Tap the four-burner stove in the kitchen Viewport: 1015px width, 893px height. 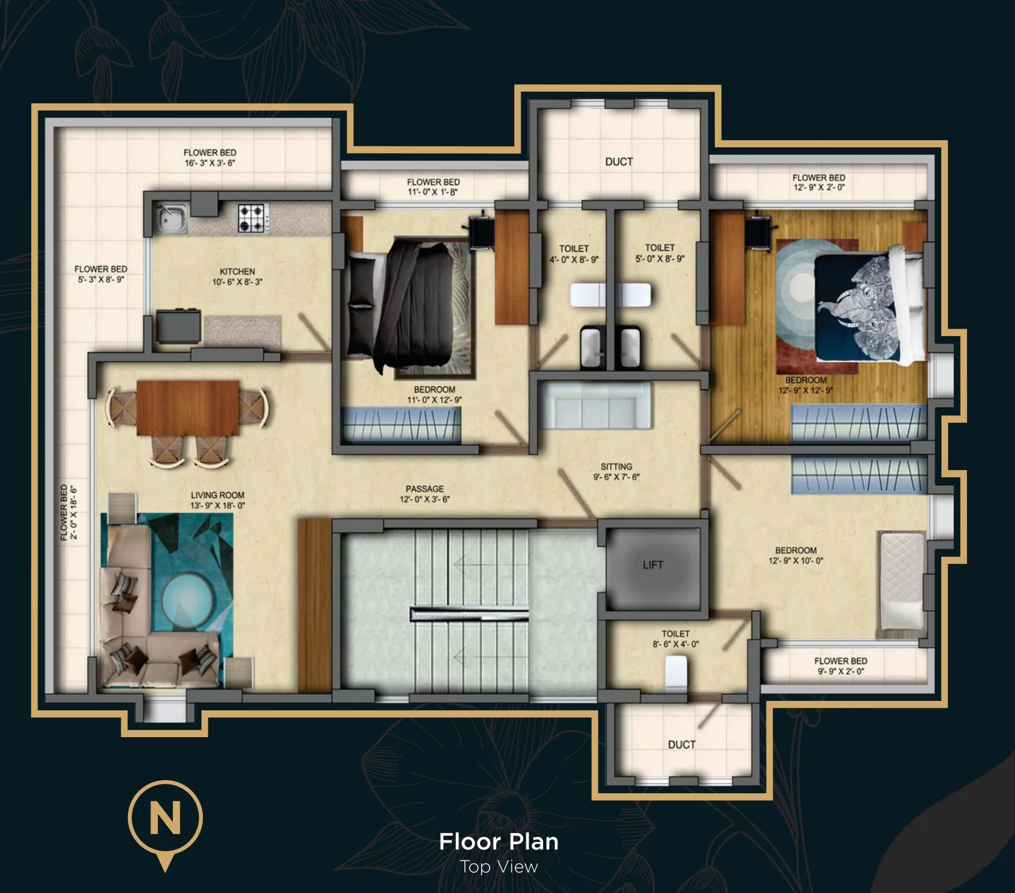coord(253,218)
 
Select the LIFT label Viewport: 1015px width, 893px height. coord(653,565)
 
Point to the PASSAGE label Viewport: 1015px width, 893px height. coord(424,489)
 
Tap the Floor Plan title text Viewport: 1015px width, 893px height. coord(499,842)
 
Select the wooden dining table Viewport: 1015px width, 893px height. coord(187,408)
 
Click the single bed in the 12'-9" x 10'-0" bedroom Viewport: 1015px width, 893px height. coord(901,581)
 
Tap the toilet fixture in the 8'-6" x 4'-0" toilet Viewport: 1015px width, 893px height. coord(676,673)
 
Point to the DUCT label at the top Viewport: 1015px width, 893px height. coord(619,162)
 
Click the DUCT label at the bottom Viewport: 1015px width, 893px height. coord(682,745)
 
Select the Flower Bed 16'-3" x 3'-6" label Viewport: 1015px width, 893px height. coord(210,158)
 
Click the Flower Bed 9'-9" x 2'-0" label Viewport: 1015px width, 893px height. coord(841,666)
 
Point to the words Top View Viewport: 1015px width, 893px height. coord(499,867)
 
